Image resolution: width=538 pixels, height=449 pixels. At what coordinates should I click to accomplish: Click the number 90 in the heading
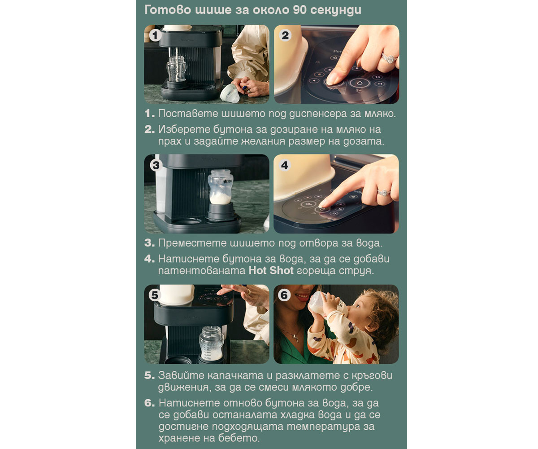pos(299,10)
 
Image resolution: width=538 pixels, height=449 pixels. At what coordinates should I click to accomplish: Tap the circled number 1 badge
pos(155,35)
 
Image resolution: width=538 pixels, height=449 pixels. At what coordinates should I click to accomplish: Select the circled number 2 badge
pos(285,35)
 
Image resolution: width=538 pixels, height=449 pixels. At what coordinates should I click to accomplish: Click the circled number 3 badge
pos(156,165)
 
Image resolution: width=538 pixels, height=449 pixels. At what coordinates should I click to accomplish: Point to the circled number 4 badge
pos(285,165)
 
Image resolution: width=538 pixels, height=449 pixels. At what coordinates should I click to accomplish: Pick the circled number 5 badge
pos(155,295)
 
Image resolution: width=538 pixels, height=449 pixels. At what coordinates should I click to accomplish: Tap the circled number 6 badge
pos(284,295)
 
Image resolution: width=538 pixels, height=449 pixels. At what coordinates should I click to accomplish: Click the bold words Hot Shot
pos(271,270)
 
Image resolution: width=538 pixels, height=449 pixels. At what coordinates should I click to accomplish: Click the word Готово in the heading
pos(168,10)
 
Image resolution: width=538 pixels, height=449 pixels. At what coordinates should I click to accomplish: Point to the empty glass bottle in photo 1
pos(176,69)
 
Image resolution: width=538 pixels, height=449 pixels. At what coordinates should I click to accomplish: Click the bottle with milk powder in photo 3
pos(220,187)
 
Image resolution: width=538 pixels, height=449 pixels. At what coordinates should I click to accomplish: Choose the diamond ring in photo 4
pos(383,193)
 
